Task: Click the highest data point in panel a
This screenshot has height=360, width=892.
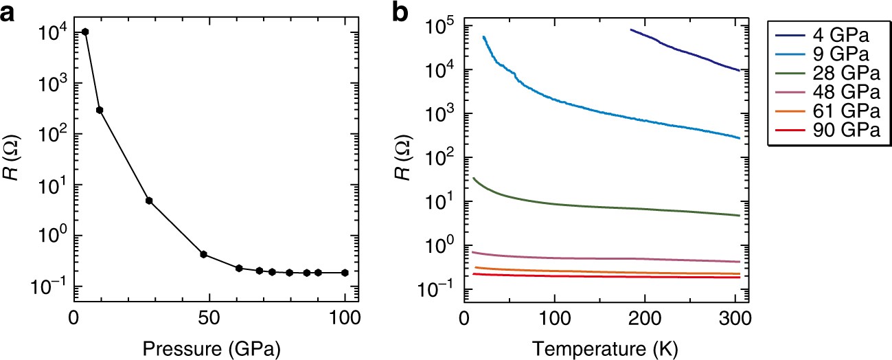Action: (x=85, y=32)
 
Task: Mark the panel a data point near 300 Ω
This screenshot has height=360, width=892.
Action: (x=99, y=110)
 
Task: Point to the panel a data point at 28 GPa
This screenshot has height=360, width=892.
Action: (x=148, y=201)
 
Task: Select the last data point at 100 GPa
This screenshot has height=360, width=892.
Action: (x=345, y=273)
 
